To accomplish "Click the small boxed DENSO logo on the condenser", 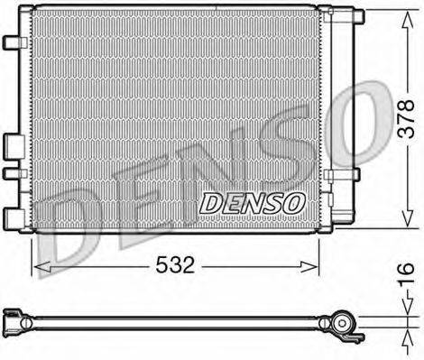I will [251, 203].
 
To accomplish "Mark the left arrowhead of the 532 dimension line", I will [37, 265].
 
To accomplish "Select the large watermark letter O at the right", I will [365, 126].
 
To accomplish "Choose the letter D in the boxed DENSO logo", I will [210, 203].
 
